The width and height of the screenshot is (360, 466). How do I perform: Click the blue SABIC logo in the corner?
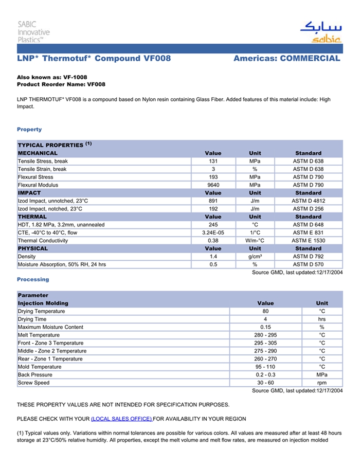[320, 32]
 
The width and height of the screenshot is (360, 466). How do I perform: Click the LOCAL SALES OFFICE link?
[121, 419]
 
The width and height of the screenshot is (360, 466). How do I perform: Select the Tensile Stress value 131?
[213, 161]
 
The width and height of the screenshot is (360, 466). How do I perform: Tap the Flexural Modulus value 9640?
[213, 185]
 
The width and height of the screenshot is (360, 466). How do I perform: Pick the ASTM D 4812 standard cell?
[309, 201]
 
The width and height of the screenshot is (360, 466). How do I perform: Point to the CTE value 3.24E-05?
[213, 232]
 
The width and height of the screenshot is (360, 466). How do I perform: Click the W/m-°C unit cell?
[255, 240]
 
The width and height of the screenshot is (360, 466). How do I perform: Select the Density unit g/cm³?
[255, 256]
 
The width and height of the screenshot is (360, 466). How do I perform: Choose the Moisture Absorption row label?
[62, 264]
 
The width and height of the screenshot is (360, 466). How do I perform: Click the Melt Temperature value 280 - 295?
[265, 335]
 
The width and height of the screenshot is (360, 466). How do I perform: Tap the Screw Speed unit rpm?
[322, 383]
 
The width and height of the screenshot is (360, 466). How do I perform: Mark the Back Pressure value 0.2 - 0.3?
[265, 375]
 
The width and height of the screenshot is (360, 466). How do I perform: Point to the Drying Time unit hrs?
[322, 319]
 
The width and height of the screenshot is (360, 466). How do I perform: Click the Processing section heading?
[33, 279]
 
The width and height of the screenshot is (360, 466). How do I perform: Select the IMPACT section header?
[29, 193]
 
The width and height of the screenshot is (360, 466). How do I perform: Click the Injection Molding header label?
[43, 303]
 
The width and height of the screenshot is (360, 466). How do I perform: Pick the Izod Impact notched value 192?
[213, 209]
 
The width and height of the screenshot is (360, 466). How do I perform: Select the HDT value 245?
[213, 225]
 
